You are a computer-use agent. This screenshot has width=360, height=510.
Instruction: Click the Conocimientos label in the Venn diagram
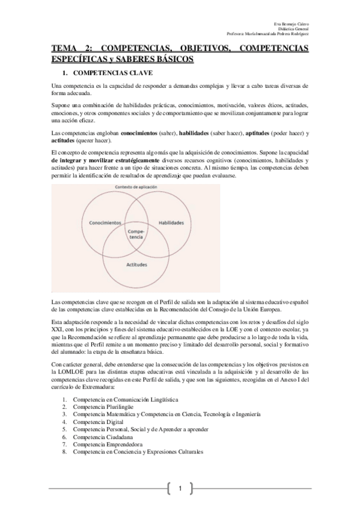point(105,223)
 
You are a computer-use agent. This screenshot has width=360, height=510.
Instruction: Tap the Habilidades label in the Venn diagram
point(171,223)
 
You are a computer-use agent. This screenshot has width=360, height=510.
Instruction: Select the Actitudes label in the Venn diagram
point(137,264)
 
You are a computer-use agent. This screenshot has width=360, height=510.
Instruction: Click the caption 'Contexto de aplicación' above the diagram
point(136,188)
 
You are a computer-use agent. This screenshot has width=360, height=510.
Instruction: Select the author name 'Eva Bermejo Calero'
point(292,23)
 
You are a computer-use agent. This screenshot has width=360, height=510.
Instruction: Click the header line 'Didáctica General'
point(293,28)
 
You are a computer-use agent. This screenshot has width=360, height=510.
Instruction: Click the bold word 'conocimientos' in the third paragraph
point(139,132)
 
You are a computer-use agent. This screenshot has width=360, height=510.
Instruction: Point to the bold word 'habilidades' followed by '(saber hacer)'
point(195,132)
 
